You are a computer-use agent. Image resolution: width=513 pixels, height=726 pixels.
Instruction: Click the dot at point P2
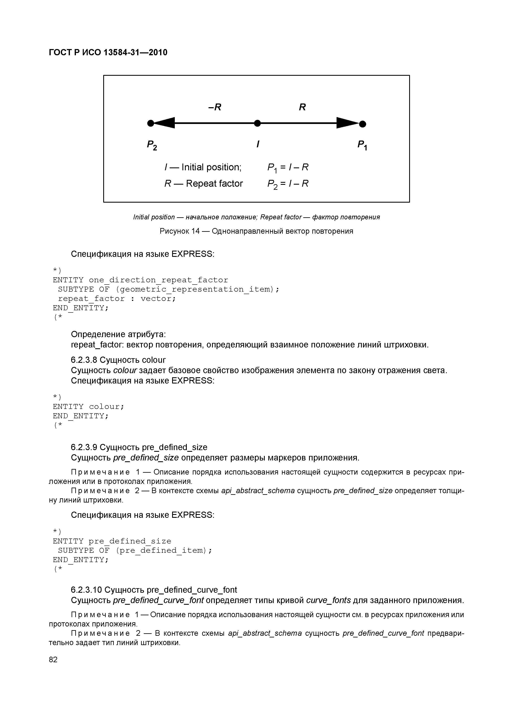(x=151, y=123)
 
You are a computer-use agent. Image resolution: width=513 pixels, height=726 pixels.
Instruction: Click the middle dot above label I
(x=258, y=123)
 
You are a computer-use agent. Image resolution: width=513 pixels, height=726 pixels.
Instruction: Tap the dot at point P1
(x=363, y=124)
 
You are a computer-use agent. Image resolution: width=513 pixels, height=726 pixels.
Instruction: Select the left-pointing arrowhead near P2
(x=164, y=123)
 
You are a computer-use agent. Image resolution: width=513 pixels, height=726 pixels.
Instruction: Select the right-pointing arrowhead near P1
(x=347, y=123)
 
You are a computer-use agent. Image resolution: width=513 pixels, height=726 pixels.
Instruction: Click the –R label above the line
(x=215, y=107)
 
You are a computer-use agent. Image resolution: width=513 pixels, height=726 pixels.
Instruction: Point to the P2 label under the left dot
(x=152, y=145)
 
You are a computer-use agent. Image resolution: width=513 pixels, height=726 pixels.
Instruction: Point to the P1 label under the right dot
(x=362, y=145)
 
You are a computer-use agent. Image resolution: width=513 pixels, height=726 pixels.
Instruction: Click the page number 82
(x=53, y=659)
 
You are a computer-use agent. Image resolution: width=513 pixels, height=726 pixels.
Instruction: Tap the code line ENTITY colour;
(x=89, y=406)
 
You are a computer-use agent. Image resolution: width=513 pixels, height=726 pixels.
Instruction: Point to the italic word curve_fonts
(x=329, y=600)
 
